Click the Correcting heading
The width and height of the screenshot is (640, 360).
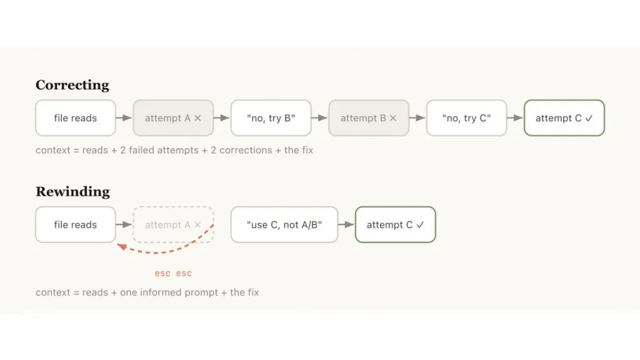[72, 85]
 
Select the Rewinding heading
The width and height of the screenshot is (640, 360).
[72, 191]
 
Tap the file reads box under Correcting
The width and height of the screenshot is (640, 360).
[76, 118]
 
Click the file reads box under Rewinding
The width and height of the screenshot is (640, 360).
[76, 224]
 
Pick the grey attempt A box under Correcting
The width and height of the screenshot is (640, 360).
[173, 118]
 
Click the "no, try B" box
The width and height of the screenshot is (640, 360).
[271, 118]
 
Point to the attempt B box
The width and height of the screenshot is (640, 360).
[369, 118]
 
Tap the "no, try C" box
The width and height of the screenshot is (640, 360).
[466, 118]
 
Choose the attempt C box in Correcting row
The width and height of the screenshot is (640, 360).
[564, 118]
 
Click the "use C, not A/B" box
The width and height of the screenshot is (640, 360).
[284, 224]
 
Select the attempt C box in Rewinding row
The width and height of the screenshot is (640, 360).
[396, 224]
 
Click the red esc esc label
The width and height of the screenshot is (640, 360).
[173, 273]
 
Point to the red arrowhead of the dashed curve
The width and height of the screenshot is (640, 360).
[122, 246]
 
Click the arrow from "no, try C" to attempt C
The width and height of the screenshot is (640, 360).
[515, 118]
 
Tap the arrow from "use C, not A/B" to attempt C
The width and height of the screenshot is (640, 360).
[346, 224]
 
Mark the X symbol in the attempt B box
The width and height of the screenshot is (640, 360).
[393, 118]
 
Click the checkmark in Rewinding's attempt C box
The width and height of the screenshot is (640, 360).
[420, 224]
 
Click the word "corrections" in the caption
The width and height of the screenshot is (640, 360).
[246, 150]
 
